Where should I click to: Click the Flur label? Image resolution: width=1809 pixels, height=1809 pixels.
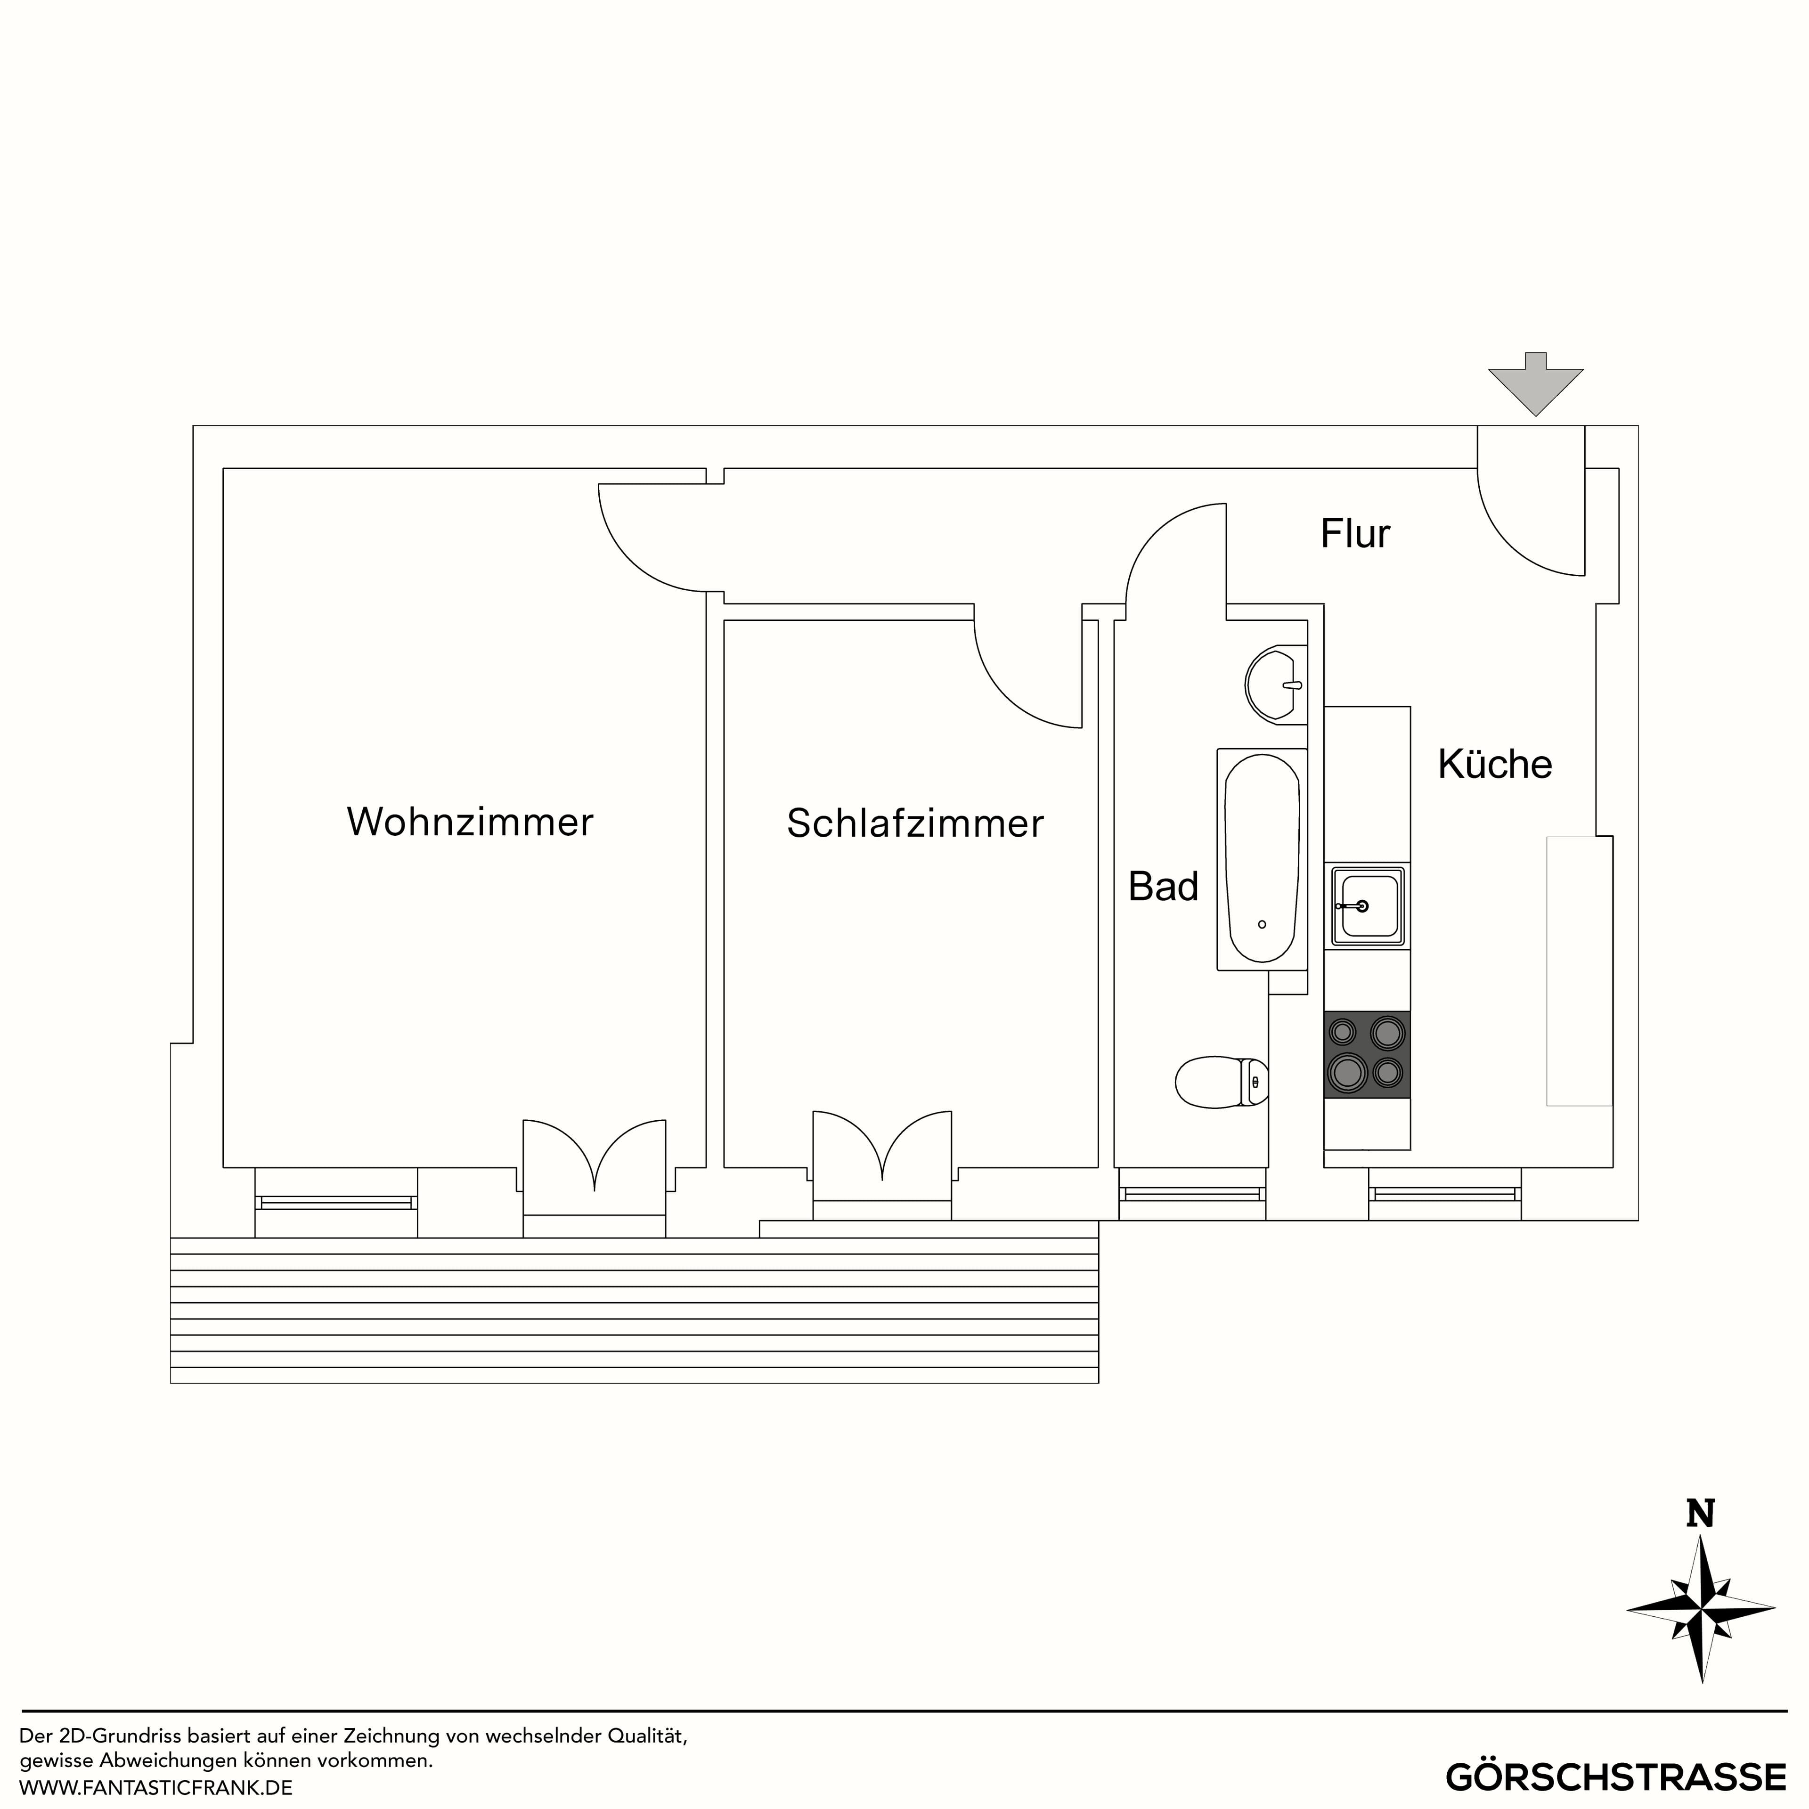(1355, 534)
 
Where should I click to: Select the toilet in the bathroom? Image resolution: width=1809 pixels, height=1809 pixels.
(1220, 1083)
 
